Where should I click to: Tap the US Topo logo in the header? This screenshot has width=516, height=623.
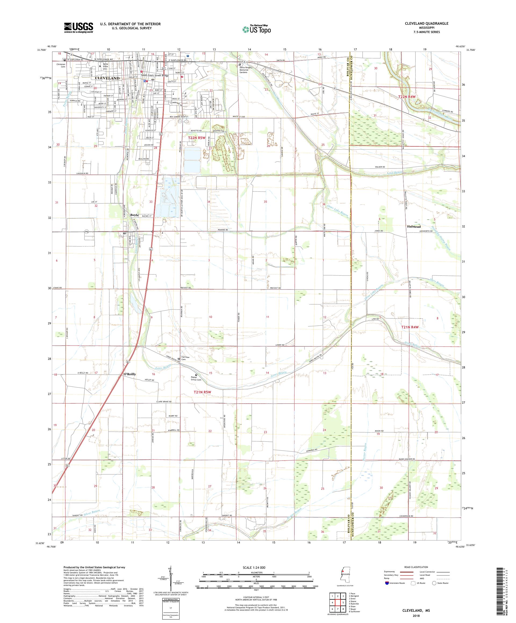tap(257, 29)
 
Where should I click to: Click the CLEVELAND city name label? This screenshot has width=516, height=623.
tap(107, 78)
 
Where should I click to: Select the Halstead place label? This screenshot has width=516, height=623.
tap(414, 226)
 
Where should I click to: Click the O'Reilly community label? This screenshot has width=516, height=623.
tap(130, 374)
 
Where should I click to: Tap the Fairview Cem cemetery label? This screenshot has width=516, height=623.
tap(185, 359)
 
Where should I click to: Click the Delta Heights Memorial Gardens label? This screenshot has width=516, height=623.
tap(246, 70)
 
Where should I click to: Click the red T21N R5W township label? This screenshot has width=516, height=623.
tap(202, 392)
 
